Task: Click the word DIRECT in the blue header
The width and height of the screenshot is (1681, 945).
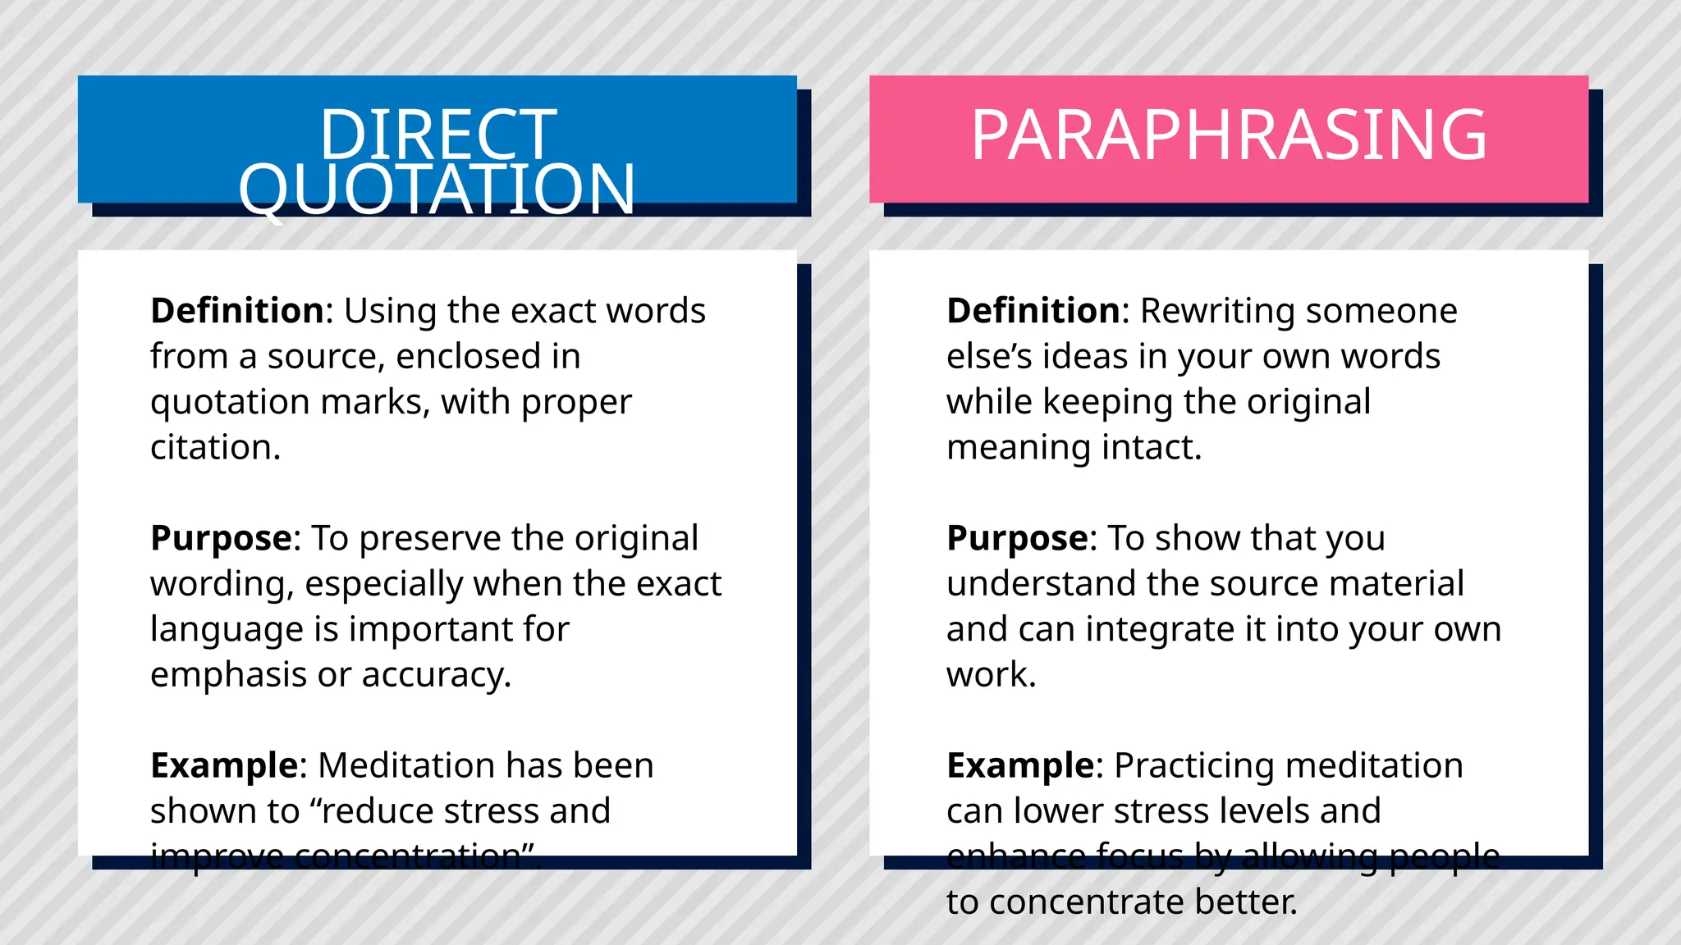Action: [x=437, y=135]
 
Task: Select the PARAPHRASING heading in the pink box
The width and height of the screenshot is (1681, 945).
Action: [x=1228, y=135]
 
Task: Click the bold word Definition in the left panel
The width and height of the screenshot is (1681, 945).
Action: [x=237, y=311]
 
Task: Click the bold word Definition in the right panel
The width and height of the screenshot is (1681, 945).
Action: [x=1033, y=311]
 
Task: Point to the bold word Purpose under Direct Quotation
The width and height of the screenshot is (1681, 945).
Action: [x=221, y=539]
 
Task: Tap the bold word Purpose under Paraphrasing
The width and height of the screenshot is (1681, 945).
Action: [x=1017, y=539]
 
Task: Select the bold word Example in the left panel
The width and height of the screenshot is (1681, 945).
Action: [x=224, y=765]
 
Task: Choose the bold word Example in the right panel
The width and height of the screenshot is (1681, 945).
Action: [x=1020, y=765]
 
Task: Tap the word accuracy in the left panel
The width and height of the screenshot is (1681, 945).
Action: [x=436, y=675]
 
